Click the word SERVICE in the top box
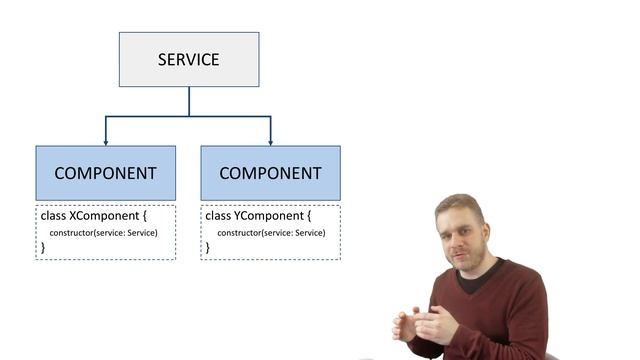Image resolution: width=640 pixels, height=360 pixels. click(x=188, y=59)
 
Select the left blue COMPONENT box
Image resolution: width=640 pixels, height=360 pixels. click(x=105, y=173)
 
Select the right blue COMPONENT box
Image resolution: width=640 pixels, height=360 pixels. click(x=270, y=173)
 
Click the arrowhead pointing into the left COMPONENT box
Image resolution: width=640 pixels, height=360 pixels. click(x=106, y=142)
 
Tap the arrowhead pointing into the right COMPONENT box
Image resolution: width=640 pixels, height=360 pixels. click(x=271, y=142)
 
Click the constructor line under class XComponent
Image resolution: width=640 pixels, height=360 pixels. click(x=103, y=233)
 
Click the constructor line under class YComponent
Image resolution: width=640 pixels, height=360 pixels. click(x=268, y=233)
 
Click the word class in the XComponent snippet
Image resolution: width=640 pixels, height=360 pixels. click(x=51, y=216)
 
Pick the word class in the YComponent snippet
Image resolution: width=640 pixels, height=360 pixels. click(x=216, y=216)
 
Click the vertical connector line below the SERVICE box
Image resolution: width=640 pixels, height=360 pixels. click(x=189, y=101)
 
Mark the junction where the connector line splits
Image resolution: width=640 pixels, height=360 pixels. click(x=189, y=117)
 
